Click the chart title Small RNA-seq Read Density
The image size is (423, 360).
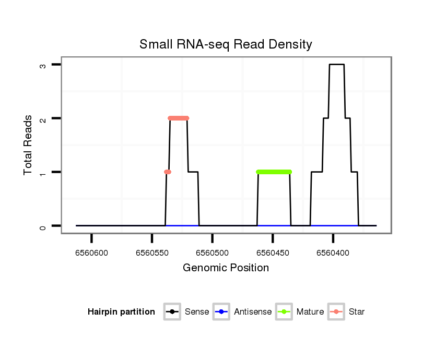(226, 44)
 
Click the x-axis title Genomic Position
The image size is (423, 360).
(226, 268)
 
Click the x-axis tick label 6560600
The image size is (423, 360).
(91, 253)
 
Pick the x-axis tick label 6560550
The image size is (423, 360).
(152, 253)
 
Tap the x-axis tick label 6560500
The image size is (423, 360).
(212, 253)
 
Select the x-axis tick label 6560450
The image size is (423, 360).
(273, 253)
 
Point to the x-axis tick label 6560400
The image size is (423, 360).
(333, 253)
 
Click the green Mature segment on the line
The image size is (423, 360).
(274, 172)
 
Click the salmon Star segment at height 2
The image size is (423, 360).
(178, 118)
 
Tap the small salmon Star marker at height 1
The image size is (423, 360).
(168, 172)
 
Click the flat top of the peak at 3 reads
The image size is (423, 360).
(336, 64)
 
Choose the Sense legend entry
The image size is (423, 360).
(186, 312)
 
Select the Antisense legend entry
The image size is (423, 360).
(242, 312)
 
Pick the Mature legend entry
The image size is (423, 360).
(300, 312)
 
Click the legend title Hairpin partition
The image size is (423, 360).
(121, 312)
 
